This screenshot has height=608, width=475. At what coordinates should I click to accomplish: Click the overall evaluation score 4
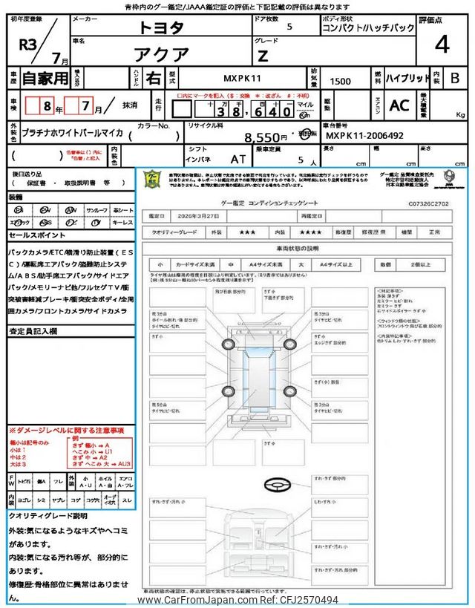point(442,45)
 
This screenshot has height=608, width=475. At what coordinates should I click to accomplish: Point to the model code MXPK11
point(241,78)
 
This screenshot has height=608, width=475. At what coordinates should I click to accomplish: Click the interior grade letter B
point(455,78)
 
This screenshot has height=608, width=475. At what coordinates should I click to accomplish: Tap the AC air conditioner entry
point(399,105)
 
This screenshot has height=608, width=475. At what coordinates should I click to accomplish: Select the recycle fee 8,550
point(266,137)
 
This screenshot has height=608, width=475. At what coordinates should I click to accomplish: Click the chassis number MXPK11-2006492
point(365,137)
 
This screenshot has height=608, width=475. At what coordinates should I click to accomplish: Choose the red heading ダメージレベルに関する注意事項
point(66,431)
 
